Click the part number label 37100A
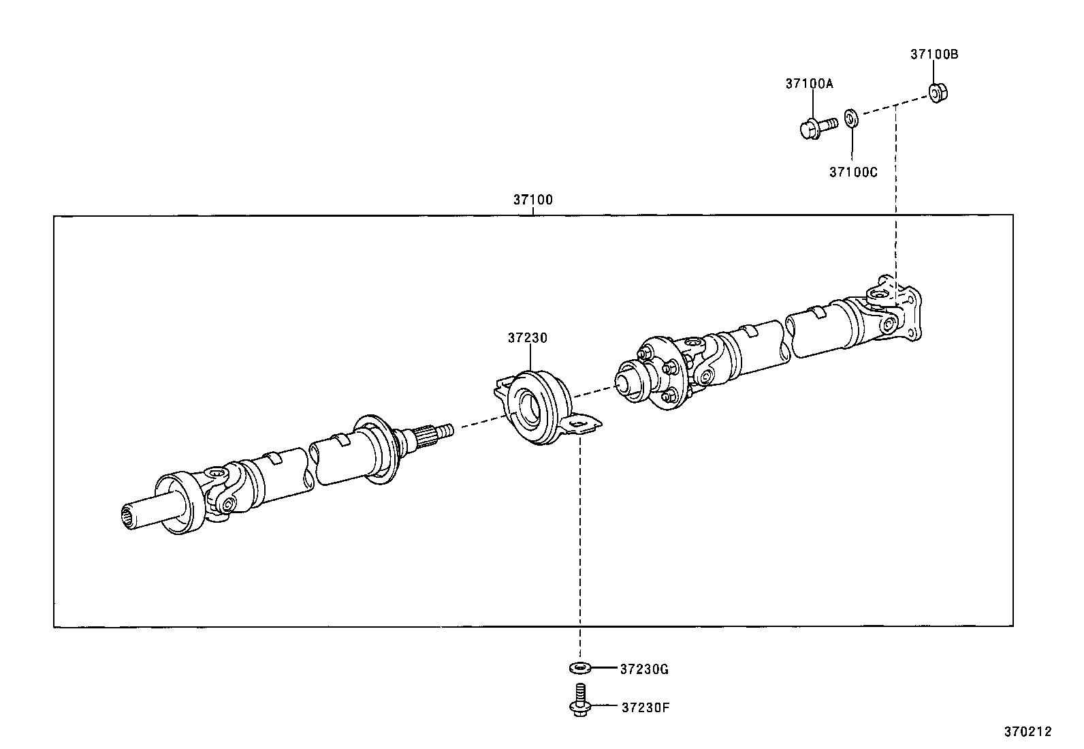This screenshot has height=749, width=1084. click(x=809, y=84)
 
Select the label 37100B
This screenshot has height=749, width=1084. click(x=934, y=55)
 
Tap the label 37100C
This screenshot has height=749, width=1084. click(x=852, y=172)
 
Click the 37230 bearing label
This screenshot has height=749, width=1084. click(x=527, y=338)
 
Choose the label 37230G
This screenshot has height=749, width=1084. click(x=644, y=669)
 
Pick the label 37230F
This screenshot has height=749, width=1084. click(x=645, y=707)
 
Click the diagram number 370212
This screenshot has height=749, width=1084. click(x=1028, y=732)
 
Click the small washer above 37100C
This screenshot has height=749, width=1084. click(x=851, y=117)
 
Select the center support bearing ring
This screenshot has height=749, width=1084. click(x=534, y=407)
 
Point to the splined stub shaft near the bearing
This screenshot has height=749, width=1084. click(x=432, y=434)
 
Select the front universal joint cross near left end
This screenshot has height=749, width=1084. click(x=222, y=489)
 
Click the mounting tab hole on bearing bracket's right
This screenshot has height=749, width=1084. click(x=580, y=426)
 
